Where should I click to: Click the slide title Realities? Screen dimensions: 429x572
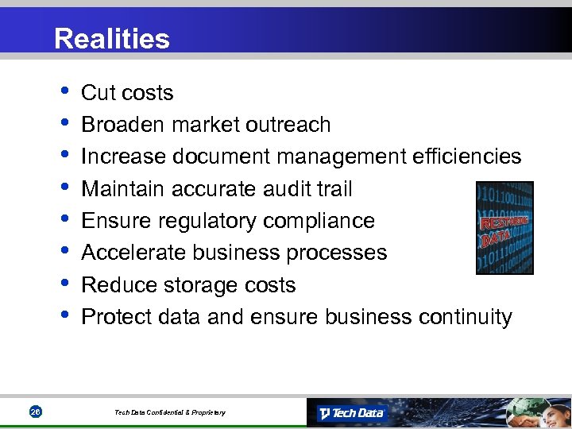click(112, 39)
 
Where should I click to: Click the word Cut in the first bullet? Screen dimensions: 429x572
click(99, 93)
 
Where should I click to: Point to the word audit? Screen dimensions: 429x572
click(292, 189)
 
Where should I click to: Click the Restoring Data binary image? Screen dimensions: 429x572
click(504, 229)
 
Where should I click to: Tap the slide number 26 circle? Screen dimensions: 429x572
click(35, 412)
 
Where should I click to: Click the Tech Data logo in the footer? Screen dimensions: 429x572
click(351, 413)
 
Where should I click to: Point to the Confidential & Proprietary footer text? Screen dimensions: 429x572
click(169, 412)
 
